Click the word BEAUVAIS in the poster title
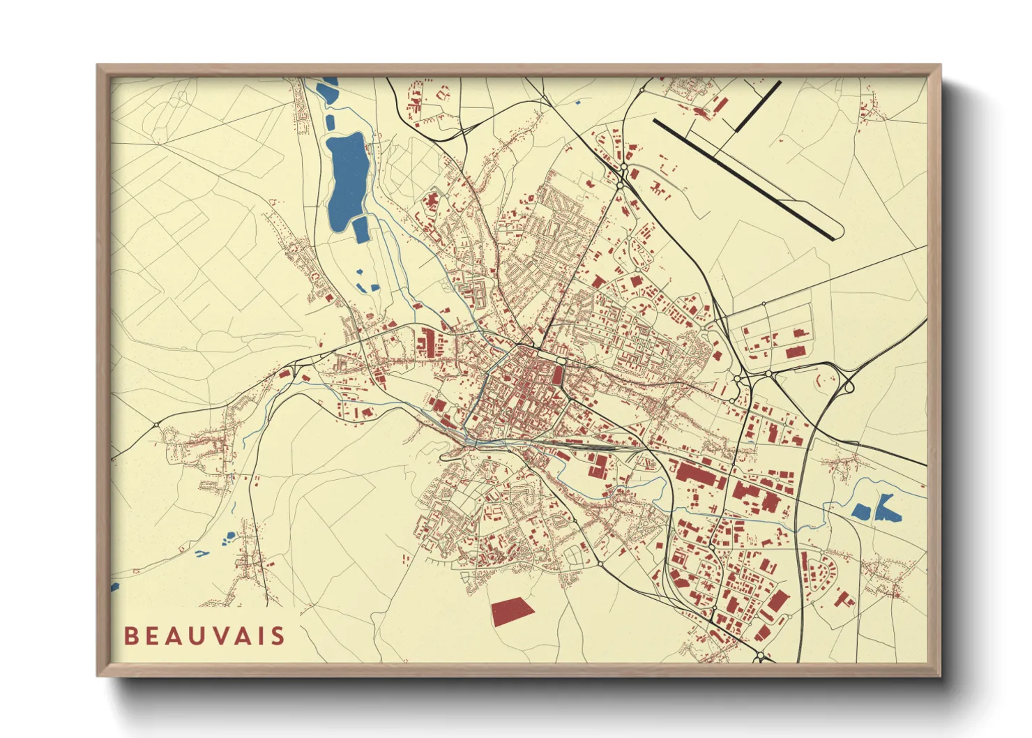click(204, 635)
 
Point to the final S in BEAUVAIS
click(279, 635)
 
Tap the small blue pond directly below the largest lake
click(361, 229)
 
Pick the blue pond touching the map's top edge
click(327, 89)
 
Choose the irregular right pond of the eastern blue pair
click(887, 509)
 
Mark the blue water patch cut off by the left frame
click(114, 587)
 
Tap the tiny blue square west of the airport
click(578, 103)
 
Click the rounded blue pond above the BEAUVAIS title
click(229, 536)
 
